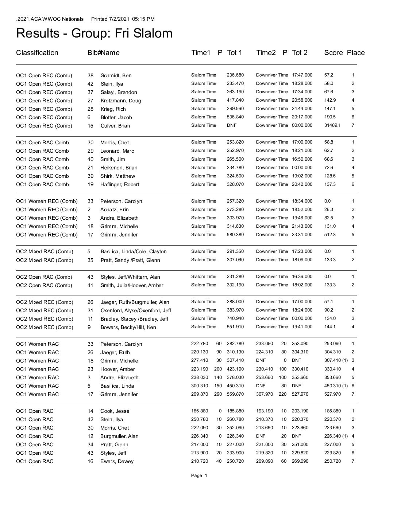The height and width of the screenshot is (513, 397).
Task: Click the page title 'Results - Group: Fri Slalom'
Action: click(x=94, y=34)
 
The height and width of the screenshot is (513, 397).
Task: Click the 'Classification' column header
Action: click(x=37, y=53)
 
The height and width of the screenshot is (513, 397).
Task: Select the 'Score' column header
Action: click(x=333, y=53)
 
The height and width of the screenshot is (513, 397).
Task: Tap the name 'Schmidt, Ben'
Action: click(x=116, y=75)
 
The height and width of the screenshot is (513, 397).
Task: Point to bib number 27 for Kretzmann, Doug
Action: click(x=90, y=101)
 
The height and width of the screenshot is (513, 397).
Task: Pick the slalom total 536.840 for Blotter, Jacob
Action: click(x=235, y=117)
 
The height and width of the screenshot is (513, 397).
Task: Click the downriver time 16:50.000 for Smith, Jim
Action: click(x=302, y=159)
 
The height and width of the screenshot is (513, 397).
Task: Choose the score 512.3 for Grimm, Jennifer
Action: click(x=330, y=235)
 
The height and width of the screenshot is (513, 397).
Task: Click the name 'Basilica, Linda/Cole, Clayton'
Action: click(x=134, y=251)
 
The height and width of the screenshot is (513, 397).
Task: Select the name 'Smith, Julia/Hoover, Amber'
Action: click(x=132, y=285)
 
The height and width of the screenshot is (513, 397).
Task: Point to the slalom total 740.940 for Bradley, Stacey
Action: click(x=235, y=318)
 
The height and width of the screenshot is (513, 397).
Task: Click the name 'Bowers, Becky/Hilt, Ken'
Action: click(x=128, y=327)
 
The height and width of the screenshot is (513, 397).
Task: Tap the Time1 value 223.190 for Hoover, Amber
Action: click(x=200, y=369)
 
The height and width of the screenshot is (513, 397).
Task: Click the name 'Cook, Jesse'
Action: click(x=115, y=411)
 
